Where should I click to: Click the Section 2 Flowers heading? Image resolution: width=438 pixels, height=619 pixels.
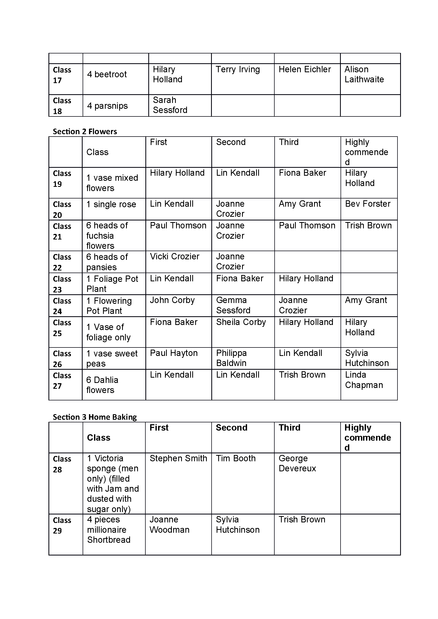point(85,132)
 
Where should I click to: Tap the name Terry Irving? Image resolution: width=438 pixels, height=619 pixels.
point(238,70)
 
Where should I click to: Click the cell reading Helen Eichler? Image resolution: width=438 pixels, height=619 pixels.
point(305,70)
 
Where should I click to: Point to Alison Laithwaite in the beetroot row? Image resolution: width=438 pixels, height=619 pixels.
point(364,74)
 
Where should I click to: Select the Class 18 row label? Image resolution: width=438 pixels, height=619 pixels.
point(62,106)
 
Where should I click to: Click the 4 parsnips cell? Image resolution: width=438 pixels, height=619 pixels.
point(107,106)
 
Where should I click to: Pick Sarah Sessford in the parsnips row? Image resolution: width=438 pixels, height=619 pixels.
point(170,105)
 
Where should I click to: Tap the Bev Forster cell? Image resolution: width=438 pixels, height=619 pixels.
point(368,204)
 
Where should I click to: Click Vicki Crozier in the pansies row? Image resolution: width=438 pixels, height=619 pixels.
point(175,256)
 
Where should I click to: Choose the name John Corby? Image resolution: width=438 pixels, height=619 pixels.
point(172,300)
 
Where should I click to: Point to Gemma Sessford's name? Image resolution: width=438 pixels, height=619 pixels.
point(233,305)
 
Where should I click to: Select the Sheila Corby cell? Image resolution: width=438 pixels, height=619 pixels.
point(241,322)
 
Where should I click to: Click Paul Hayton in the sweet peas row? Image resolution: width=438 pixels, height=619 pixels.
point(174,353)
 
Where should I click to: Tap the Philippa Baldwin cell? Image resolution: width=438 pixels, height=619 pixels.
point(231,358)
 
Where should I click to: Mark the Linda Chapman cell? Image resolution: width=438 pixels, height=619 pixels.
point(364,380)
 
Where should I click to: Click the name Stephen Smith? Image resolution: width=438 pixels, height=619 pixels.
point(178,458)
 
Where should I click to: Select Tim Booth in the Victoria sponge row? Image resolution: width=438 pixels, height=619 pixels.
point(235,458)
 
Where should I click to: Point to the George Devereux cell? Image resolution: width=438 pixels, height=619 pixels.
point(297,463)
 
